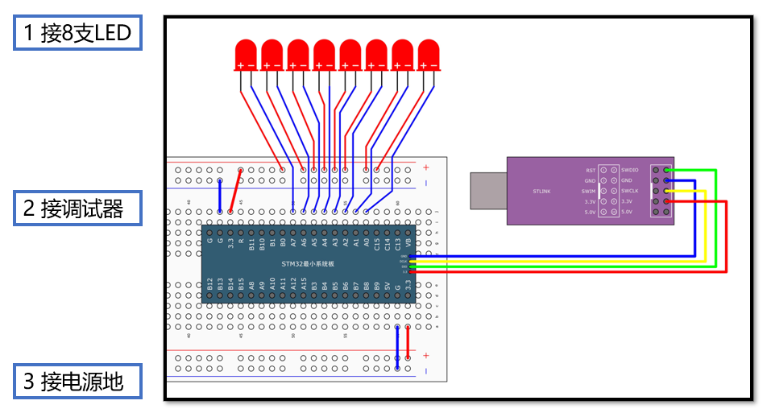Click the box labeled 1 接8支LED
(x=77, y=34)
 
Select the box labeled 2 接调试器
(x=77, y=209)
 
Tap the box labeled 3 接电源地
(x=77, y=381)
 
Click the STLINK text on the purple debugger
(x=541, y=192)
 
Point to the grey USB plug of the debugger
(x=487, y=191)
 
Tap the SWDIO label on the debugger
(x=630, y=171)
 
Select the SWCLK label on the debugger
(x=630, y=192)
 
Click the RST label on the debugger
(x=591, y=171)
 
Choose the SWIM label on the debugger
(x=589, y=192)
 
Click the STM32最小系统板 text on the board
(x=308, y=264)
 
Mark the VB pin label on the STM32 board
(x=408, y=241)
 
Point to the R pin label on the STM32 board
(x=241, y=241)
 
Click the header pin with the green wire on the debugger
(x=667, y=171)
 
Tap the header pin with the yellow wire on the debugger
(x=667, y=192)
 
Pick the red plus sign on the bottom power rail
(x=426, y=355)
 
